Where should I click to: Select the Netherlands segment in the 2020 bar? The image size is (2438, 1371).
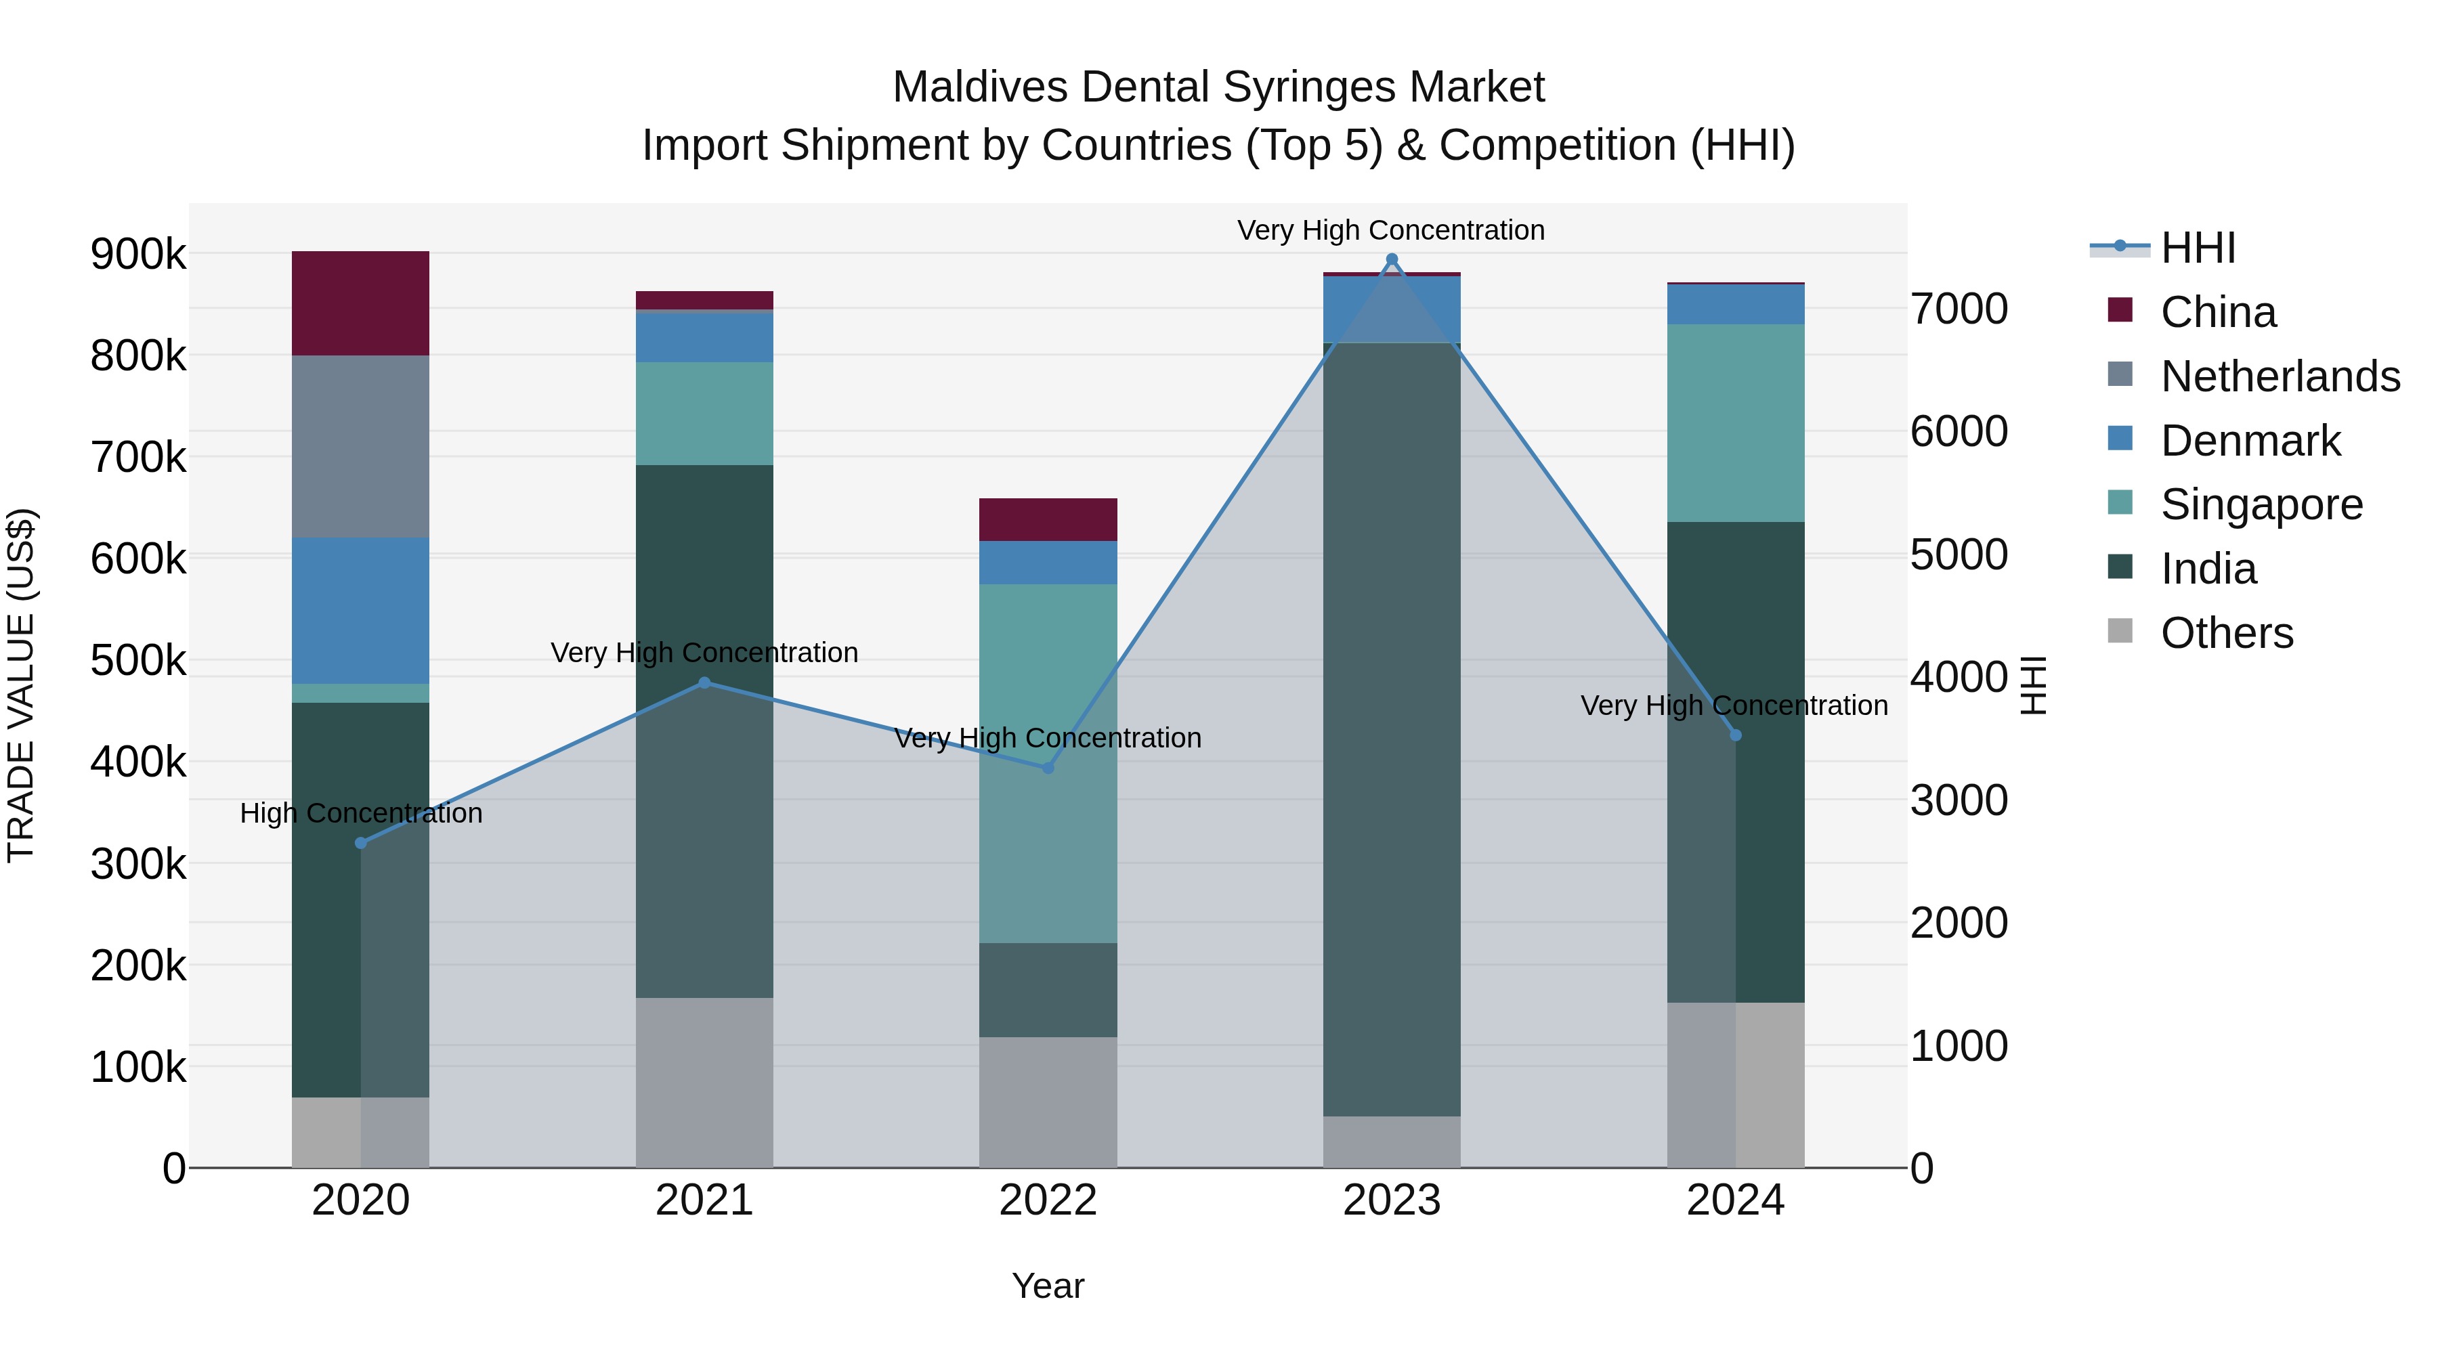[360, 447]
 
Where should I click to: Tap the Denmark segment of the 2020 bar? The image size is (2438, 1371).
[360, 610]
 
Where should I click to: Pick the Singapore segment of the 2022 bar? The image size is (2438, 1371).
[1048, 762]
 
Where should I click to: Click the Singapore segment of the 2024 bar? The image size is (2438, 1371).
[1735, 423]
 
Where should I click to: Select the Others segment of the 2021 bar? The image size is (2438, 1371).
[704, 1083]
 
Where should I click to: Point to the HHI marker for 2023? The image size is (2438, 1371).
[1391, 259]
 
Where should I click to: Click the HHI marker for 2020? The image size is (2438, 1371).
[360, 843]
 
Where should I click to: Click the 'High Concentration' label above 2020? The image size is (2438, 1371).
[360, 812]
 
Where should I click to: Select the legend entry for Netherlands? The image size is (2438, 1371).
[2280, 376]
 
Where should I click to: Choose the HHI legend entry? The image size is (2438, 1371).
[2198, 248]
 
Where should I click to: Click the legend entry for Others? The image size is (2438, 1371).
[2226, 633]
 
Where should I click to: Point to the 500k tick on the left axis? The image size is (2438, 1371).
[138, 660]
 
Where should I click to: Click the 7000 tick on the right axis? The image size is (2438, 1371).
[1958, 309]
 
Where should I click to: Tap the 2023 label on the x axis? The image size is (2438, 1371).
[1391, 1200]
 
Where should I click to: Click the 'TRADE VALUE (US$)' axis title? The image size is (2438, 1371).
[21, 685]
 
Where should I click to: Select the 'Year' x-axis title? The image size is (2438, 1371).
[1048, 1286]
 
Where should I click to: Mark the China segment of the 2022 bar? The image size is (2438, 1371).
[1048, 519]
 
